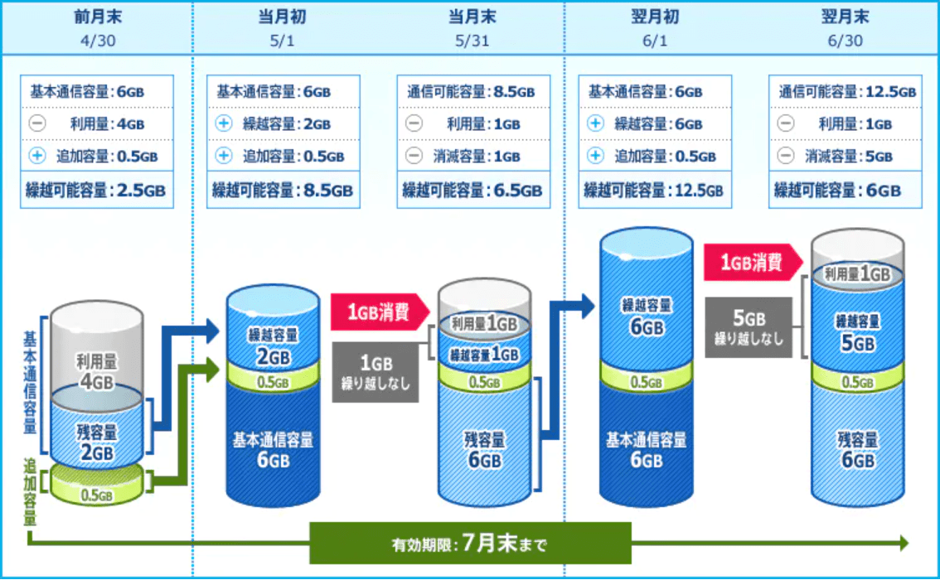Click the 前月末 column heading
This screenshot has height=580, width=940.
tap(98, 17)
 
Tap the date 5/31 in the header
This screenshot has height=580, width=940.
tap(472, 41)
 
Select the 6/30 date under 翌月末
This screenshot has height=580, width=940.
tap(845, 41)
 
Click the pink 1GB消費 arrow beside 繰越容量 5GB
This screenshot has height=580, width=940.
tap(753, 262)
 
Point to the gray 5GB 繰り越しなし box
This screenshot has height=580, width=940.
tap(749, 327)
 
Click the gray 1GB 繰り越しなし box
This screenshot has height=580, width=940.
tap(376, 372)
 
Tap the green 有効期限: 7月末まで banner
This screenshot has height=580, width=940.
tap(470, 544)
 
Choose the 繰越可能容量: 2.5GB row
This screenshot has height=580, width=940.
tap(96, 190)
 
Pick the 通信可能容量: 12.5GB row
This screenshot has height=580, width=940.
tap(846, 92)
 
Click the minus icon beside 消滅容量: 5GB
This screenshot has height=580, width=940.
tap(785, 156)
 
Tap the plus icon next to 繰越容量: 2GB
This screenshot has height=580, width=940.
tap(224, 123)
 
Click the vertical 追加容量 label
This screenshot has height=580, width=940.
tap(29, 491)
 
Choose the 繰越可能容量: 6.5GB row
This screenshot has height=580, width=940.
tap(473, 190)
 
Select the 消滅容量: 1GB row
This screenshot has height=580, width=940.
tap(473, 156)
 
